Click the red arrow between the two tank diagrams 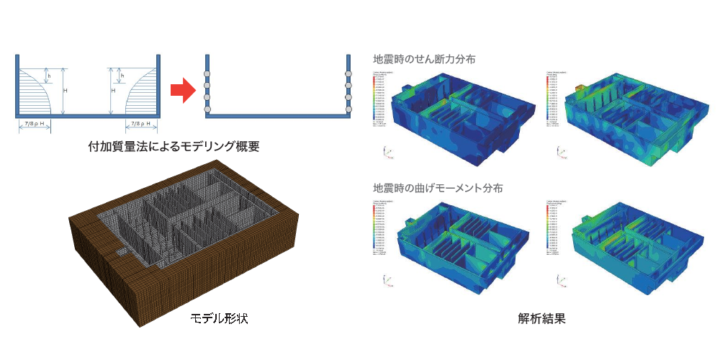click(182, 91)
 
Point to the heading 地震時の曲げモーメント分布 click(438, 188)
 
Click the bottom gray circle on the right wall click(348, 109)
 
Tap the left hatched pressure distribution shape click(33, 92)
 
